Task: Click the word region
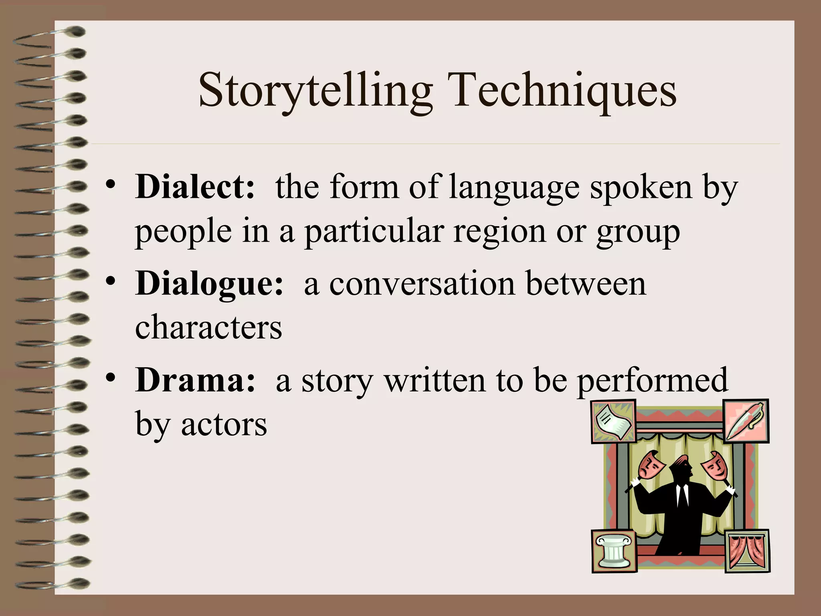pos(499,233)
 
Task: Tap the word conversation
pos(422,284)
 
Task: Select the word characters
pos(208,327)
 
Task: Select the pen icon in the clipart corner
pos(745,421)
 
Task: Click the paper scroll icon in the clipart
pos(613,421)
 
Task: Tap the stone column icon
pos(613,551)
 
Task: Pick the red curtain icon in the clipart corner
pos(747,551)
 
